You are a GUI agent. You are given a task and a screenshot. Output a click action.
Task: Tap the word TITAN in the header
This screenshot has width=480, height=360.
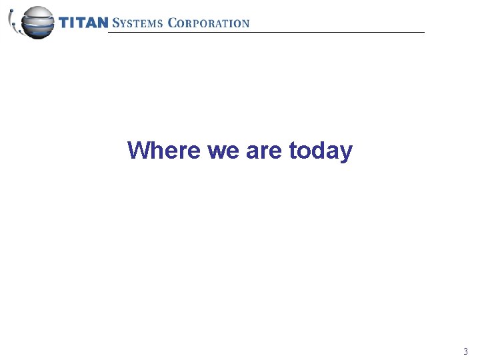pos(83,23)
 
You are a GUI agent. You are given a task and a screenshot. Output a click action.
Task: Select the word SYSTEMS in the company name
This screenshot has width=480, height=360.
pos(137,23)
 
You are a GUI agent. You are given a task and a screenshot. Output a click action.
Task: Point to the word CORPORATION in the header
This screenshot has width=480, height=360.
pos(209,23)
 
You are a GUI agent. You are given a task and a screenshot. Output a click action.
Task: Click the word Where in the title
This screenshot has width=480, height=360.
pos(164,150)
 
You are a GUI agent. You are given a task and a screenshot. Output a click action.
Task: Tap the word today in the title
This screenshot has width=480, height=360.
pos(321,151)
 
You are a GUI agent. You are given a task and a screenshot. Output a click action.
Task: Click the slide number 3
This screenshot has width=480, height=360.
pos(465,351)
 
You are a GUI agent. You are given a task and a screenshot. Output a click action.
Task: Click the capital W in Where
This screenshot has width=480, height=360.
pos(138,150)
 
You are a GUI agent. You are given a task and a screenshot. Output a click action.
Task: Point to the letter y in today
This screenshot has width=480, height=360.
pos(346,153)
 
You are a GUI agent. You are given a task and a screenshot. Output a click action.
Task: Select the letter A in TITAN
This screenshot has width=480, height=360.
pos(92,23)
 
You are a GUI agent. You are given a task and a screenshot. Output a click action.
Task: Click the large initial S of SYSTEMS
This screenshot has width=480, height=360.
pos(116,23)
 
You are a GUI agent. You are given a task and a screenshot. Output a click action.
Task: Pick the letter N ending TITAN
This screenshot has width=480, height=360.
pos(102,23)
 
